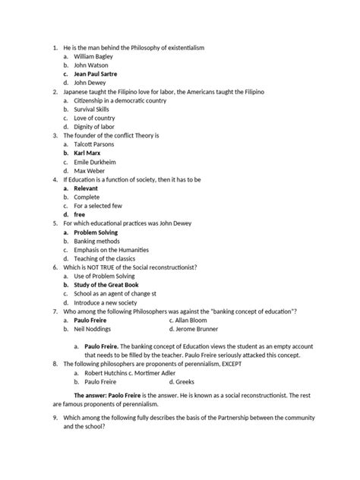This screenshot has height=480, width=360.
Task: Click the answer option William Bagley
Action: [99, 58]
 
